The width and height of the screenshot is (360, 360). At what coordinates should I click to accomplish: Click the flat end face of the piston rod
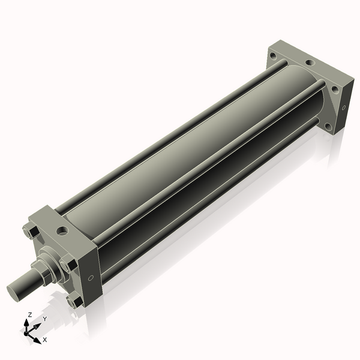(16, 291)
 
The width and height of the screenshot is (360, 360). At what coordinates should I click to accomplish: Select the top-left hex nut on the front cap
(29, 231)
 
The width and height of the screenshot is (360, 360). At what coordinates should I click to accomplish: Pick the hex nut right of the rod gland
(67, 263)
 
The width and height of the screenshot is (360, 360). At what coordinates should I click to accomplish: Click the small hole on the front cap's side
(91, 278)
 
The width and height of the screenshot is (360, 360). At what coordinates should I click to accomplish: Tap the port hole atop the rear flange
(309, 62)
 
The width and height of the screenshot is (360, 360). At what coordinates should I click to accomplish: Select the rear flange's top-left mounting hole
(273, 56)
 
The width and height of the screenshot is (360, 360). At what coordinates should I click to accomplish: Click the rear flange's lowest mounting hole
(328, 127)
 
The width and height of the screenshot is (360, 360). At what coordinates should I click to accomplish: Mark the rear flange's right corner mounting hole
(335, 89)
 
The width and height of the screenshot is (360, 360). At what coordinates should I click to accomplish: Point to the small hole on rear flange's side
(344, 108)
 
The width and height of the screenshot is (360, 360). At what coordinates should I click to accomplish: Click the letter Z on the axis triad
(30, 314)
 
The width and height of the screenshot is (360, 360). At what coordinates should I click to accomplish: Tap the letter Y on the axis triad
(44, 319)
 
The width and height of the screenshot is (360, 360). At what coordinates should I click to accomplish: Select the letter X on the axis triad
(44, 340)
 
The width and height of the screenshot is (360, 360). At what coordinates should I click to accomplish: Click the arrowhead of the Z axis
(28, 322)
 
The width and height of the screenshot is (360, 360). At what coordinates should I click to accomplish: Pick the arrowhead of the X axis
(37, 337)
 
